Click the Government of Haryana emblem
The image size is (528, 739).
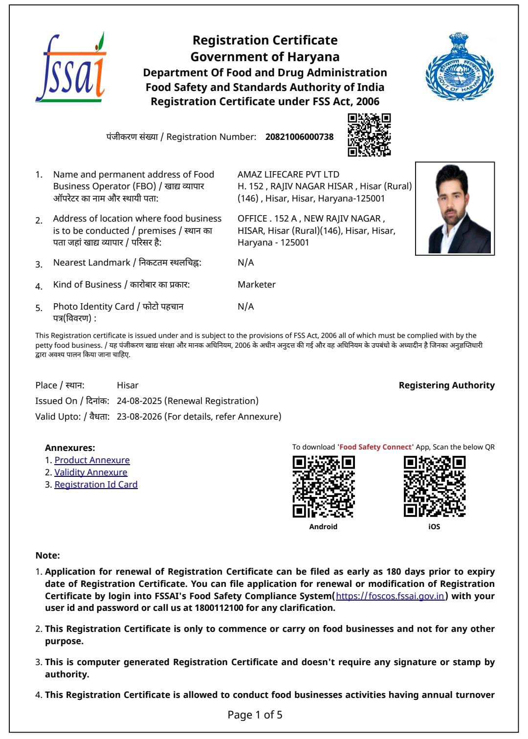[x=459, y=67]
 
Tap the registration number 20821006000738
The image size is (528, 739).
[x=299, y=137]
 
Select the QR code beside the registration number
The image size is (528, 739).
[x=369, y=135]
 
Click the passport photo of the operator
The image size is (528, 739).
[x=455, y=209]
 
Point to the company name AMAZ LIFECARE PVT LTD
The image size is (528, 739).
[x=288, y=175]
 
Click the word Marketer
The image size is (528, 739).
[x=257, y=285]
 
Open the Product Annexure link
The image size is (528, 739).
[x=92, y=460]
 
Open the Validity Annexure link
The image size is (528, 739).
[x=91, y=472]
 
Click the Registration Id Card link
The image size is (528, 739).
[x=96, y=485]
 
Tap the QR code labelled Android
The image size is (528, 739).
[x=323, y=487]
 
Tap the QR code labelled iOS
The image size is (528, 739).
[x=434, y=487]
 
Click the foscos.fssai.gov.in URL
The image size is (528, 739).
[x=390, y=596]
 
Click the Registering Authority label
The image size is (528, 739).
[x=446, y=385]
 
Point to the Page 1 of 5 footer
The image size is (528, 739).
[x=255, y=715]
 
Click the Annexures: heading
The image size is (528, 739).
[x=70, y=448]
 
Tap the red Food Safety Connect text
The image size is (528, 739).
[x=375, y=447]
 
